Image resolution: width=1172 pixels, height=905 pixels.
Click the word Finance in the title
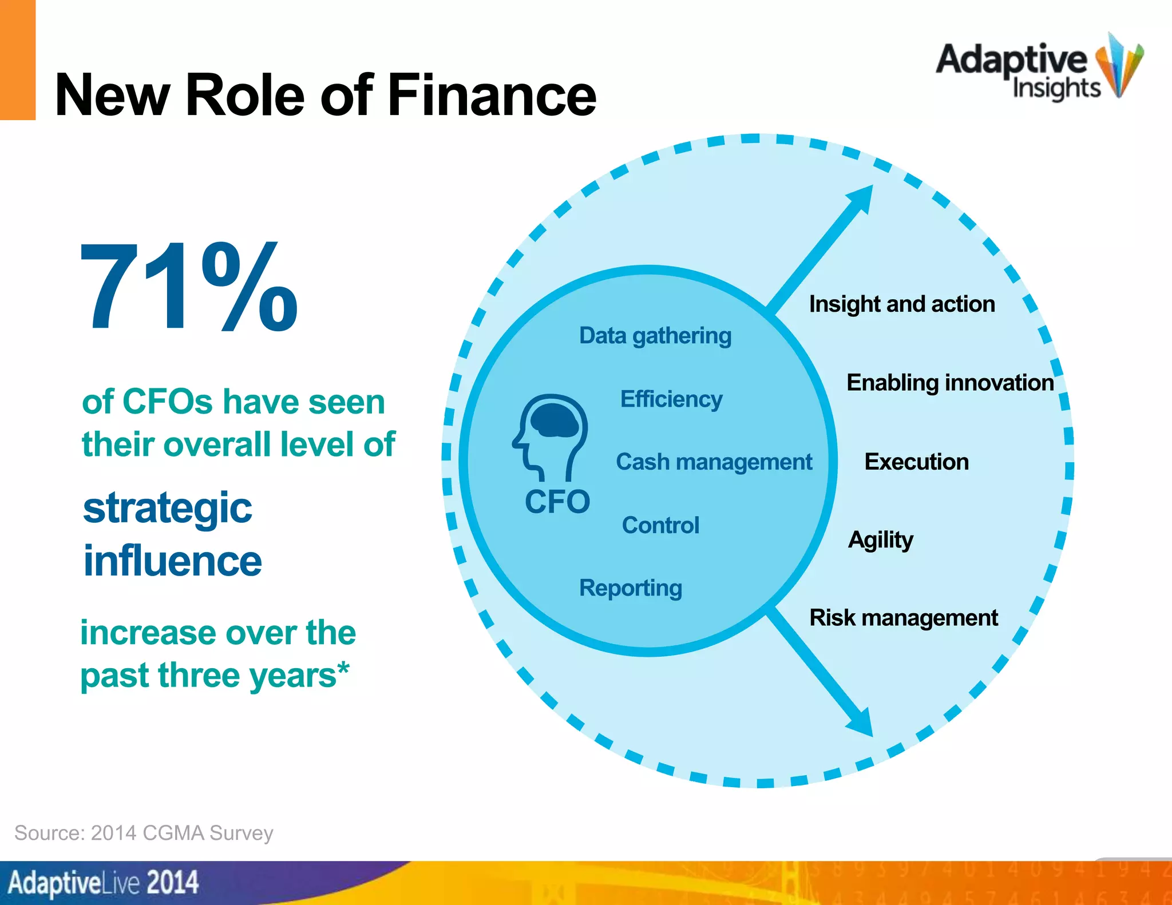pos(492,95)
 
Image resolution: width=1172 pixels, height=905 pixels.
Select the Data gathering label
pos(655,336)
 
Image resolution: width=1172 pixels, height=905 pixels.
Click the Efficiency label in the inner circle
pos(671,399)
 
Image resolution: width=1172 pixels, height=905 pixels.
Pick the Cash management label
pos(714,462)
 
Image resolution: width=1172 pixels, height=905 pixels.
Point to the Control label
pos(660,525)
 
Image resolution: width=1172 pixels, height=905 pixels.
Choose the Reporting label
pos(631,588)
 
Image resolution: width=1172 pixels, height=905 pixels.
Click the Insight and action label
pos(902,304)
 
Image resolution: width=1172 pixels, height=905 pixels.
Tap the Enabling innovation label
pos(950,383)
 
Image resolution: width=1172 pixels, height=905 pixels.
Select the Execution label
pos(916,462)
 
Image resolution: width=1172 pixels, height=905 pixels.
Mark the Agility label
pos(880,540)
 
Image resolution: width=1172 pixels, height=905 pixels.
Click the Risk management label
pos(904,618)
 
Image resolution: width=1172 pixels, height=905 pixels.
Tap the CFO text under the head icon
pos(557,502)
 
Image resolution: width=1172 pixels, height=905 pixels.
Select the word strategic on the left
pos(167,508)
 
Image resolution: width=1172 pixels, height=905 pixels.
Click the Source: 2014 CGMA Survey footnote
pos(144,833)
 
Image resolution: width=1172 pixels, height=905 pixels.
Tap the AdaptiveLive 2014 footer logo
pos(103,882)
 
